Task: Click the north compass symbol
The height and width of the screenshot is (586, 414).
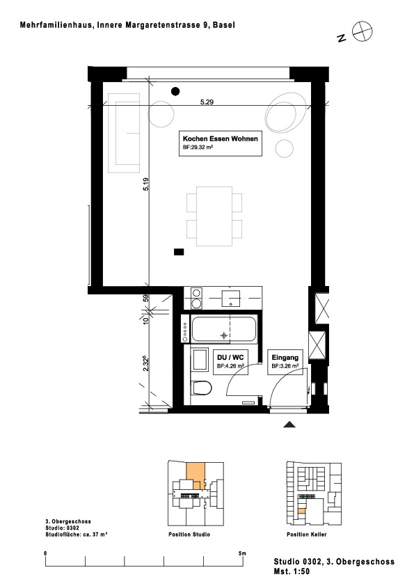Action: coord(362,31)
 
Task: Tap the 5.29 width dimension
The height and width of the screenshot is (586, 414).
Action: coord(207,102)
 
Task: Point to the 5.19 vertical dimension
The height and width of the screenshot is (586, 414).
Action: coord(145,184)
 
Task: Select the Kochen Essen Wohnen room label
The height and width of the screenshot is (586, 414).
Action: coord(220,138)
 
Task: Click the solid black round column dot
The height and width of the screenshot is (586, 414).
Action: coord(175,91)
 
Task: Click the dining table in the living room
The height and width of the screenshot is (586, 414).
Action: coord(214,216)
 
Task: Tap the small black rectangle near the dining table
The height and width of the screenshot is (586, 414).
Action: coord(179,252)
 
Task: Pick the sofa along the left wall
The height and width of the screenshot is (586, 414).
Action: coord(124,133)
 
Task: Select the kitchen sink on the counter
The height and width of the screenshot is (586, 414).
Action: coord(231,298)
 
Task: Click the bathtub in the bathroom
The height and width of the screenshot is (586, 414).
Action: coord(224,329)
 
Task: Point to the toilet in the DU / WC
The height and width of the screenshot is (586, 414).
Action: coord(201,388)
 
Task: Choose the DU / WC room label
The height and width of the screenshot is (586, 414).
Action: coord(230,357)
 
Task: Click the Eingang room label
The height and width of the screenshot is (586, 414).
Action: coord(285,357)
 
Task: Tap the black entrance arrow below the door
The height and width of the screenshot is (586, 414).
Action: coord(289,424)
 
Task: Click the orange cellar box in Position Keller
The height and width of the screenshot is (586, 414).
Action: coord(301,511)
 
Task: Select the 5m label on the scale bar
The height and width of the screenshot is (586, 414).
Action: coord(242,553)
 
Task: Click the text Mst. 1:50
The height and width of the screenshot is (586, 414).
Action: coord(292,571)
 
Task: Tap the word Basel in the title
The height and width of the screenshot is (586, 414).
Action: coord(224,25)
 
